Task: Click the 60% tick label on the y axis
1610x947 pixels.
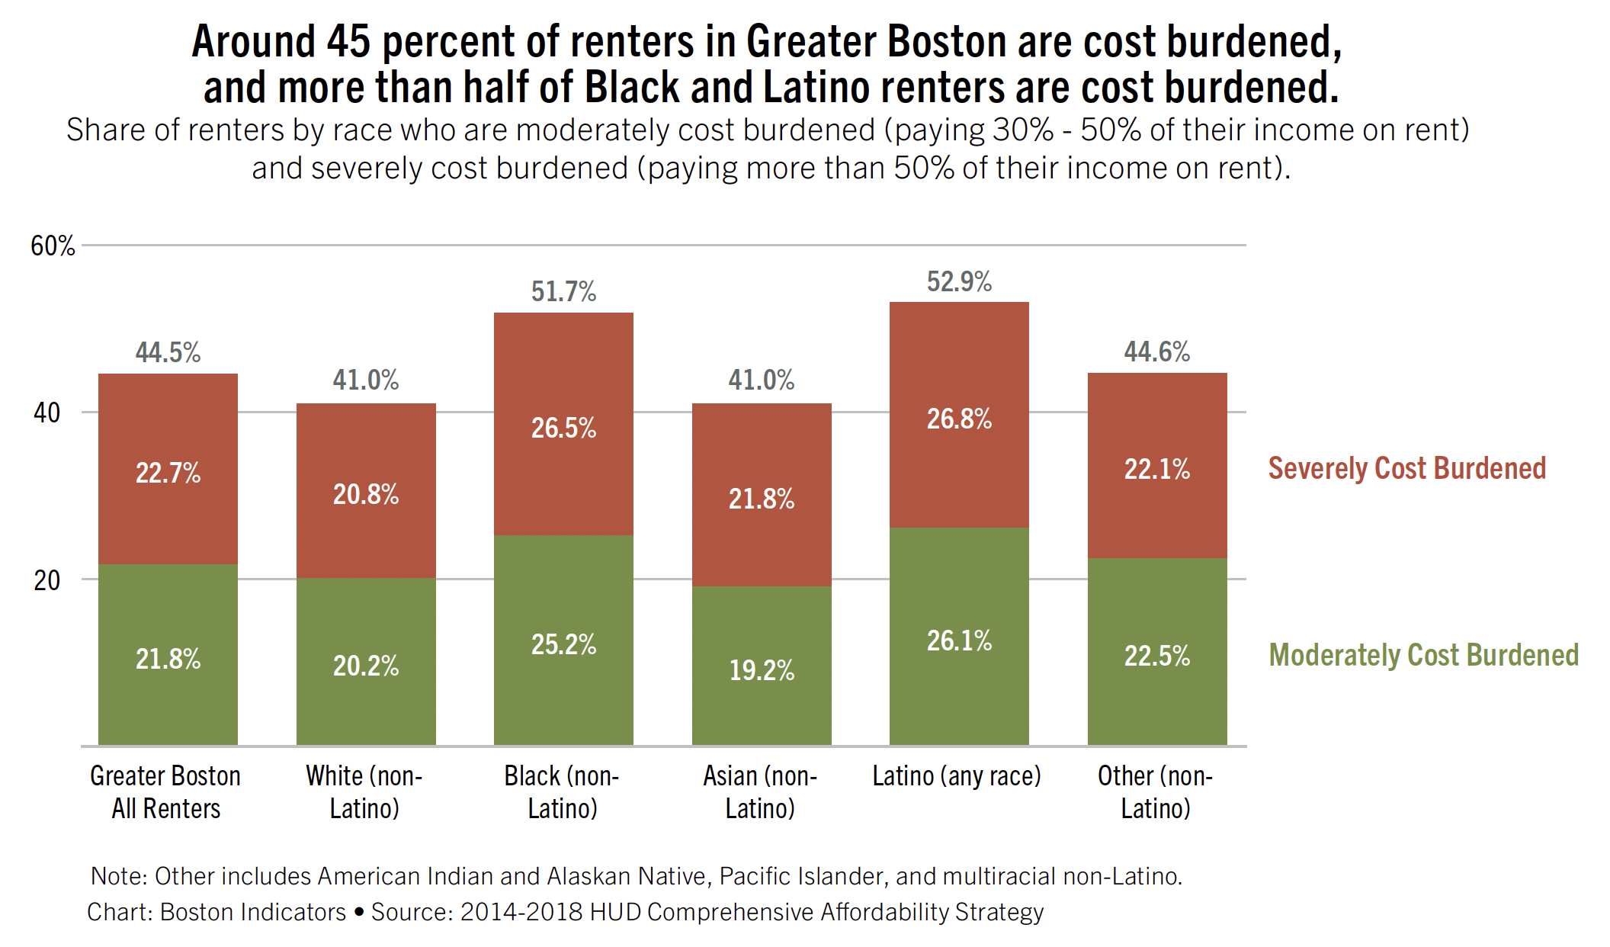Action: pyautogui.click(x=53, y=246)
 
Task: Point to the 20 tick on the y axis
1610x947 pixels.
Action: pyautogui.click(x=47, y=580)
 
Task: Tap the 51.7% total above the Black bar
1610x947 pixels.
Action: pyautogui.click(x=563, y=291)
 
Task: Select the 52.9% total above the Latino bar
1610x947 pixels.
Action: pyautogui.click(x=959, y=281)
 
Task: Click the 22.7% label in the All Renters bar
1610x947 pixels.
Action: pyautogui.click(x=168, y=473)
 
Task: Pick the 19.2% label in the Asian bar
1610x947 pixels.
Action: pyautogui.click(x=761, y=670)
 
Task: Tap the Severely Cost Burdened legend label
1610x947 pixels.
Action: pyautogui.click(x=1406, y=468)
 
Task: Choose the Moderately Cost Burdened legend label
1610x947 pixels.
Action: pyautogui.click(x=1423, y=655)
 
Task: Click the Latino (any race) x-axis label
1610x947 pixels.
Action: pyautogui.click(x=957, y=776)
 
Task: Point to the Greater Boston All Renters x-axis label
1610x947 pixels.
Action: pyautogui.click(x=165, y=791)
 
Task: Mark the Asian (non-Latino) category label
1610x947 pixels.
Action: pyautogui.click(x=760, y=791)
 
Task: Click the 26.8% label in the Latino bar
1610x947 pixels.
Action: pyautogui.click(x=959, y=419)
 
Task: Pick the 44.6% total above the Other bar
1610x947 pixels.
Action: pyautogui.click(x=1156, y=352)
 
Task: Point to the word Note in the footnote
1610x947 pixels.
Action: pyautogui.click(x=118, y=876)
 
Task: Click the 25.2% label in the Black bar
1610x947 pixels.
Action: pyautogui.click(x=563, y=644)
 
